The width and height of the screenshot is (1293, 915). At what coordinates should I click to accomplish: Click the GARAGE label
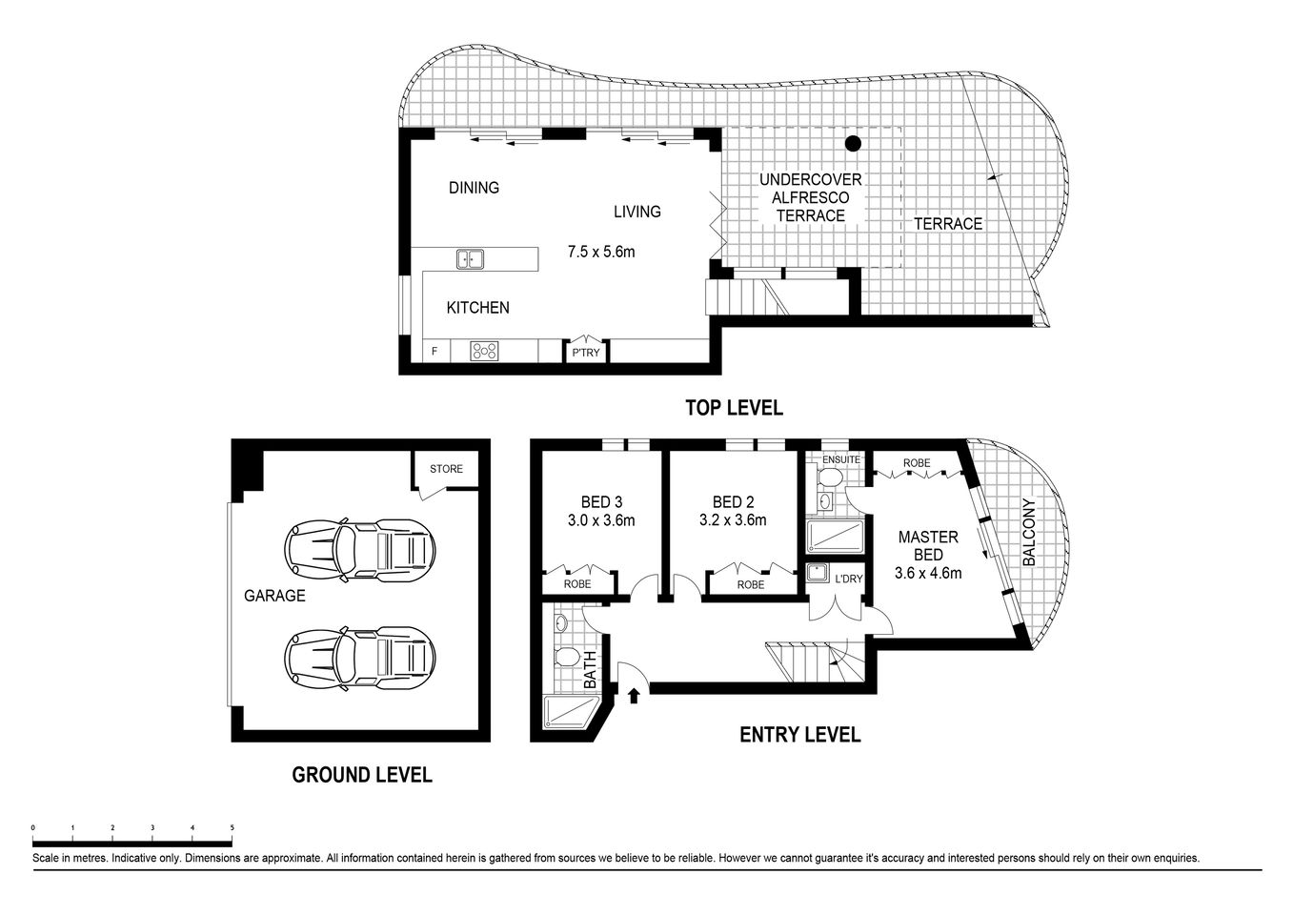[x=274, y=596]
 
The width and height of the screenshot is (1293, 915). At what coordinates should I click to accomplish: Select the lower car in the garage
[x=360, y=656]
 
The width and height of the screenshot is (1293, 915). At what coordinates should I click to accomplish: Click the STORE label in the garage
[x=446, y=469]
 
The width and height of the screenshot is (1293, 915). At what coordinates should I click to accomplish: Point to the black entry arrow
[x=634, y=697]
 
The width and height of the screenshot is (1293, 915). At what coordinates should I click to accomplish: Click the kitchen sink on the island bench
[x=469, y=258]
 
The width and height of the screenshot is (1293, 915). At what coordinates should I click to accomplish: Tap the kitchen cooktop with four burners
[x=484, y=351]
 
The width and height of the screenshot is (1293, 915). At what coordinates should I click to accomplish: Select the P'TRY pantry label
[x=585, y=353]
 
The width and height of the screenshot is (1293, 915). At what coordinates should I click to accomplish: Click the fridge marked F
[x=434, y=352]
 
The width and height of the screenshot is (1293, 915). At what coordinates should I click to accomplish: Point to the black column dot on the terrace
[x=853, y=144]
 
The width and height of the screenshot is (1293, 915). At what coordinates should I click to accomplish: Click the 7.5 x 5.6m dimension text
[x=600, y=253]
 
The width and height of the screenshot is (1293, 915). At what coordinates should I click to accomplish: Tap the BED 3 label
[x=601, y=502]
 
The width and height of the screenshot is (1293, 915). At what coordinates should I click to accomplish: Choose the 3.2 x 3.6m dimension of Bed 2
[x=732, y=520]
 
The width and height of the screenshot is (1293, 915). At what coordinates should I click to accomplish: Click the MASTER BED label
[x=928, y=546]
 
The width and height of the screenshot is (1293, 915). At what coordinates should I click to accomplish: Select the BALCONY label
[x=1028, y=533]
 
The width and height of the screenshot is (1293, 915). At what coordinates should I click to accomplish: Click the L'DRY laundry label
[x=848, y=579]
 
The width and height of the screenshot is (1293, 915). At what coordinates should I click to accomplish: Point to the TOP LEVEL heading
[x=734, y=408]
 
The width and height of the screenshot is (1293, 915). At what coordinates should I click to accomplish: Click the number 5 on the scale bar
[x=232, y=827]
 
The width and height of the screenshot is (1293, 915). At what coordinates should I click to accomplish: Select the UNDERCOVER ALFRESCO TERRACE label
[x=810, y=197]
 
